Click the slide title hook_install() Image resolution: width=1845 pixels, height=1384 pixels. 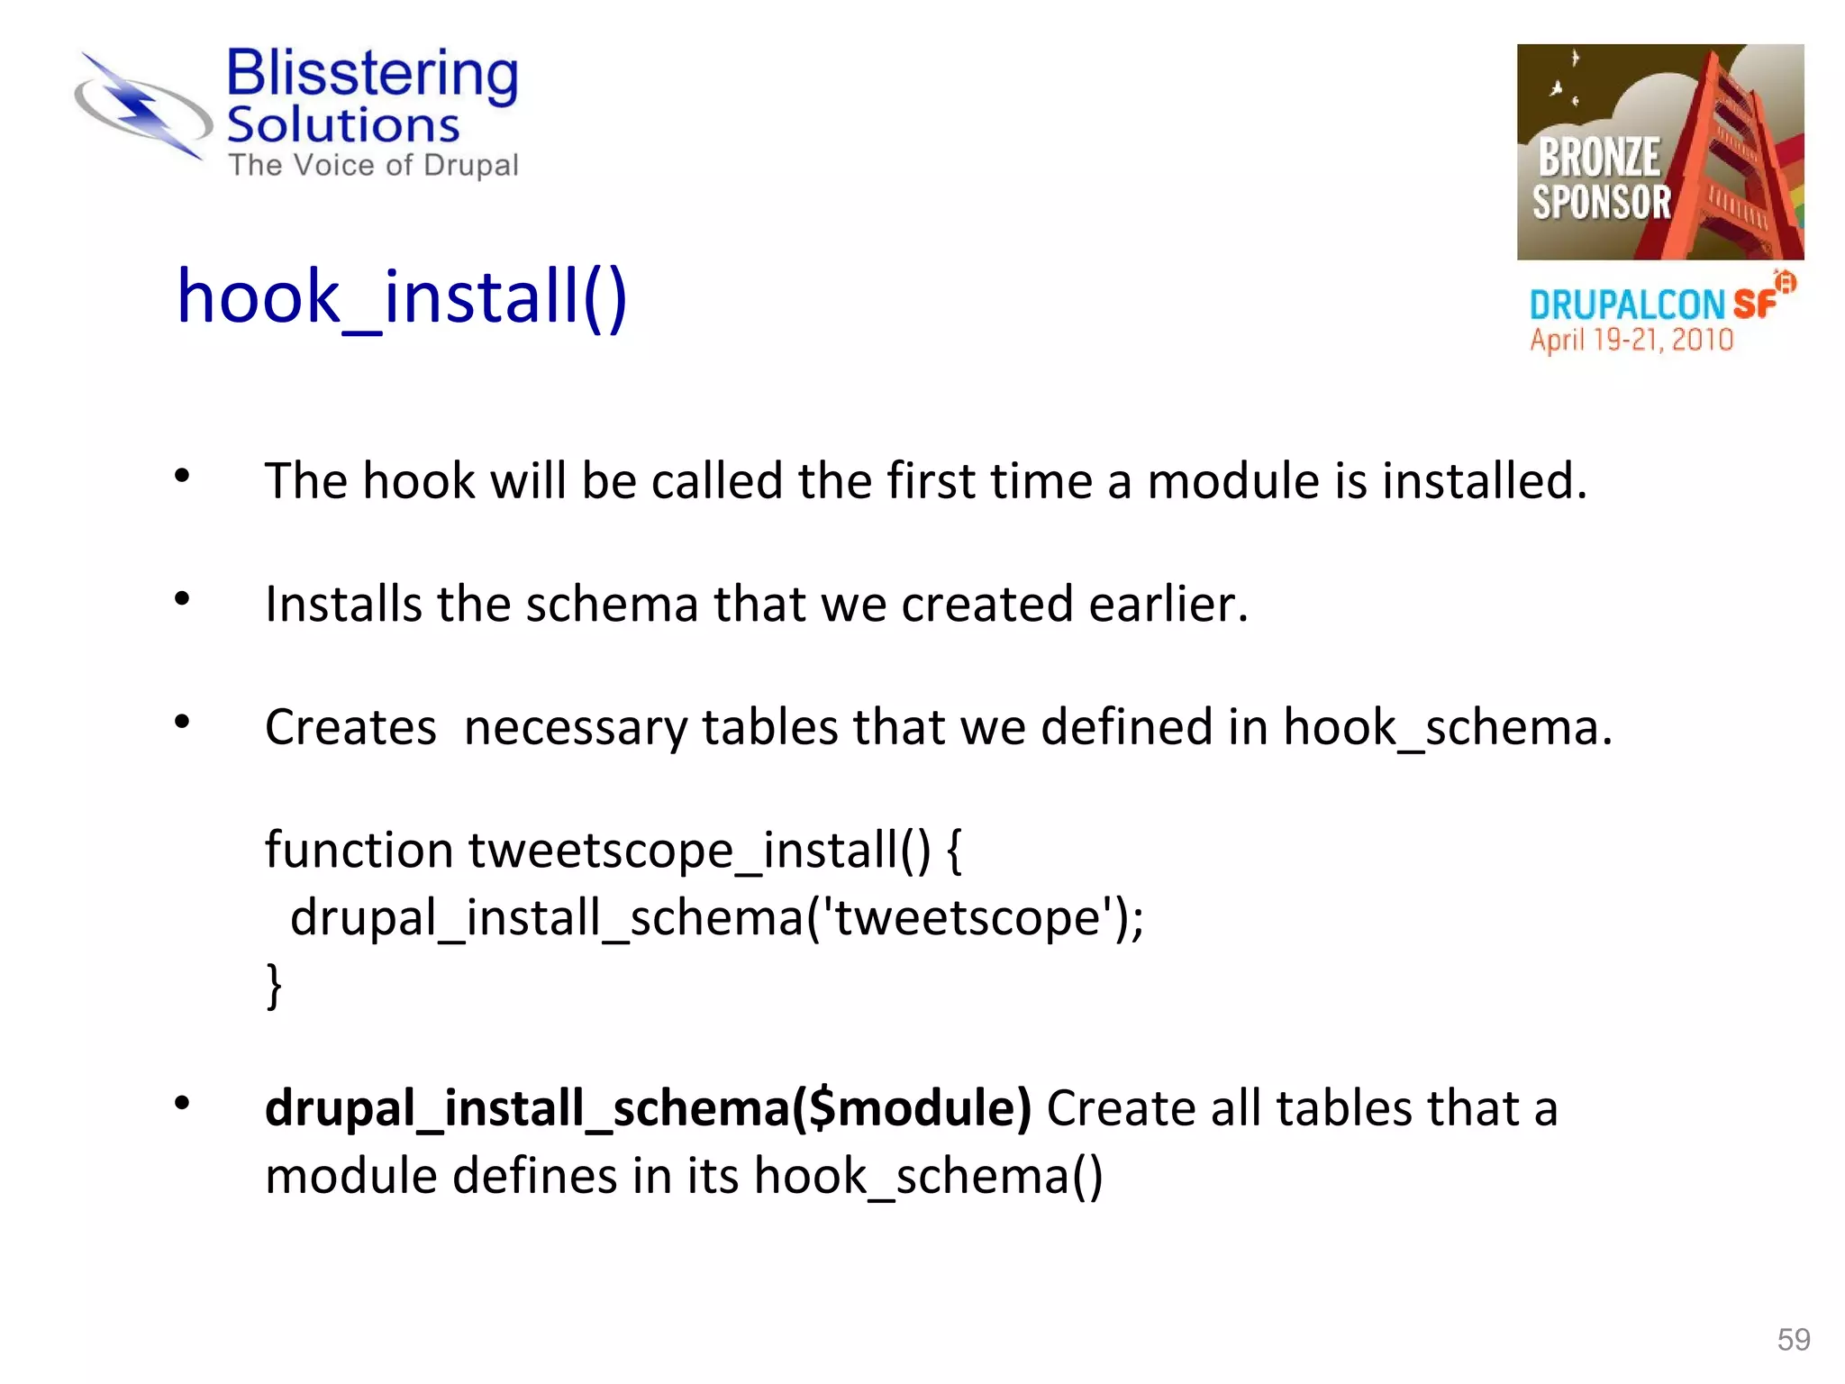click(402, 297)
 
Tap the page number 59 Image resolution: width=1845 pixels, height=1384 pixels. click(1793, 1340)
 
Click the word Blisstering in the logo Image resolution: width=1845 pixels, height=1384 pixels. click(372, 74)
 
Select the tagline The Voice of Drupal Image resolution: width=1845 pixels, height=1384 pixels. click(373, 166)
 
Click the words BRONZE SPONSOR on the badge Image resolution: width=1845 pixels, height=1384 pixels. click(1601, 179)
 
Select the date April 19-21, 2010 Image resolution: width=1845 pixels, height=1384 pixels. click(1631, 340)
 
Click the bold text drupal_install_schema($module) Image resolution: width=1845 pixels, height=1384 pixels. click(648, 1108)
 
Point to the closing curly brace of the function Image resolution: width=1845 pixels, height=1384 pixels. click(274, 986)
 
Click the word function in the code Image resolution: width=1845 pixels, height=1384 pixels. click(359, 850)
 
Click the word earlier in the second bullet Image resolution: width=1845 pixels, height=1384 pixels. click(1168, 604)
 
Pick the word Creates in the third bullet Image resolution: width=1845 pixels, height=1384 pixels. click(350, 727)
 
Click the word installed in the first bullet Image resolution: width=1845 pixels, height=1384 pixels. click(1484, 480)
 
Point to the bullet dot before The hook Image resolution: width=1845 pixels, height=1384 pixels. click(183, 476)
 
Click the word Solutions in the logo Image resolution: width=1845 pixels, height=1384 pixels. click(343, 125)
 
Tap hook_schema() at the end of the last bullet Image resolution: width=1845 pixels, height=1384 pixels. click(928, 1177)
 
